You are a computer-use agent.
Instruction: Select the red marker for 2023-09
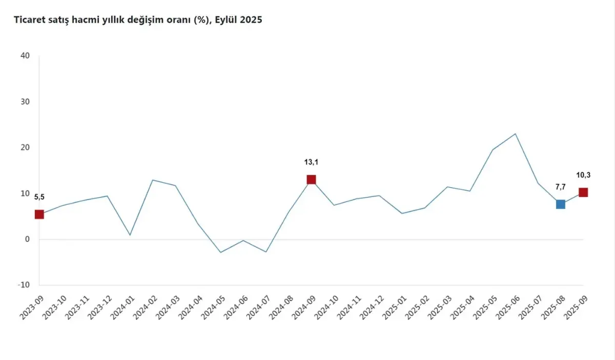click(39, 214)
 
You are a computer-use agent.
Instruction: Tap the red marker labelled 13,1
click(311, 179)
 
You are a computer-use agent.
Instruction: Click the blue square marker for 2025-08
click(561, 204)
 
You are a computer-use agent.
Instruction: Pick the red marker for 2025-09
click(583, 192)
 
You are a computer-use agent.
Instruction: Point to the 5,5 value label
click(39, 197)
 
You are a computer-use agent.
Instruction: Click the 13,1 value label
click(311, 162)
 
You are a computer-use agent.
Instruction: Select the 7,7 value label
click(561, 187)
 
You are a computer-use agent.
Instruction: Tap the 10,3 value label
click(583, 175)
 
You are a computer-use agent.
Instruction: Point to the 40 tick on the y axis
click(25, 55)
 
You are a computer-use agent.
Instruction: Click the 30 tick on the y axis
click(25, 102)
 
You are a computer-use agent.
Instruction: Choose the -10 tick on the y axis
click(24, 285)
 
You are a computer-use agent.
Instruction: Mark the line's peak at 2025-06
click(516, 134)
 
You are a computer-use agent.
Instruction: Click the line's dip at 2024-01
click(130, 235)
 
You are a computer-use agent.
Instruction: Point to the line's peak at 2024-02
click(153, 180)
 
